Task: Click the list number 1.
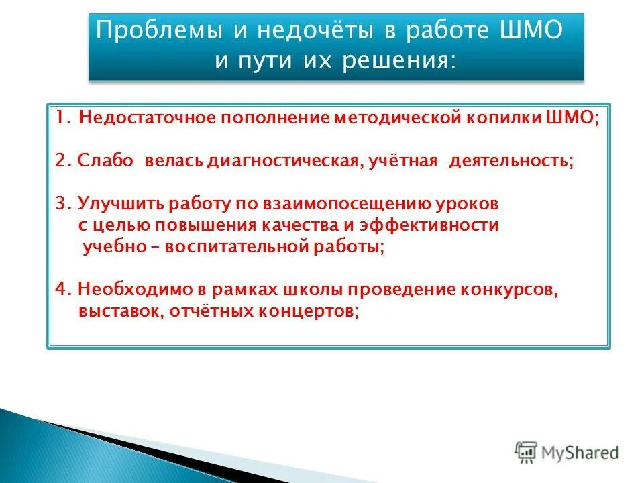pyautogui.click(x=62, y=119)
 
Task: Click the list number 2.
pyautogui.click(x=62, y=162)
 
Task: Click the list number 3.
pyautogui.click(x=62, y=203)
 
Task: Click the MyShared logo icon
pyautogui.click(x=526, y=452)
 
